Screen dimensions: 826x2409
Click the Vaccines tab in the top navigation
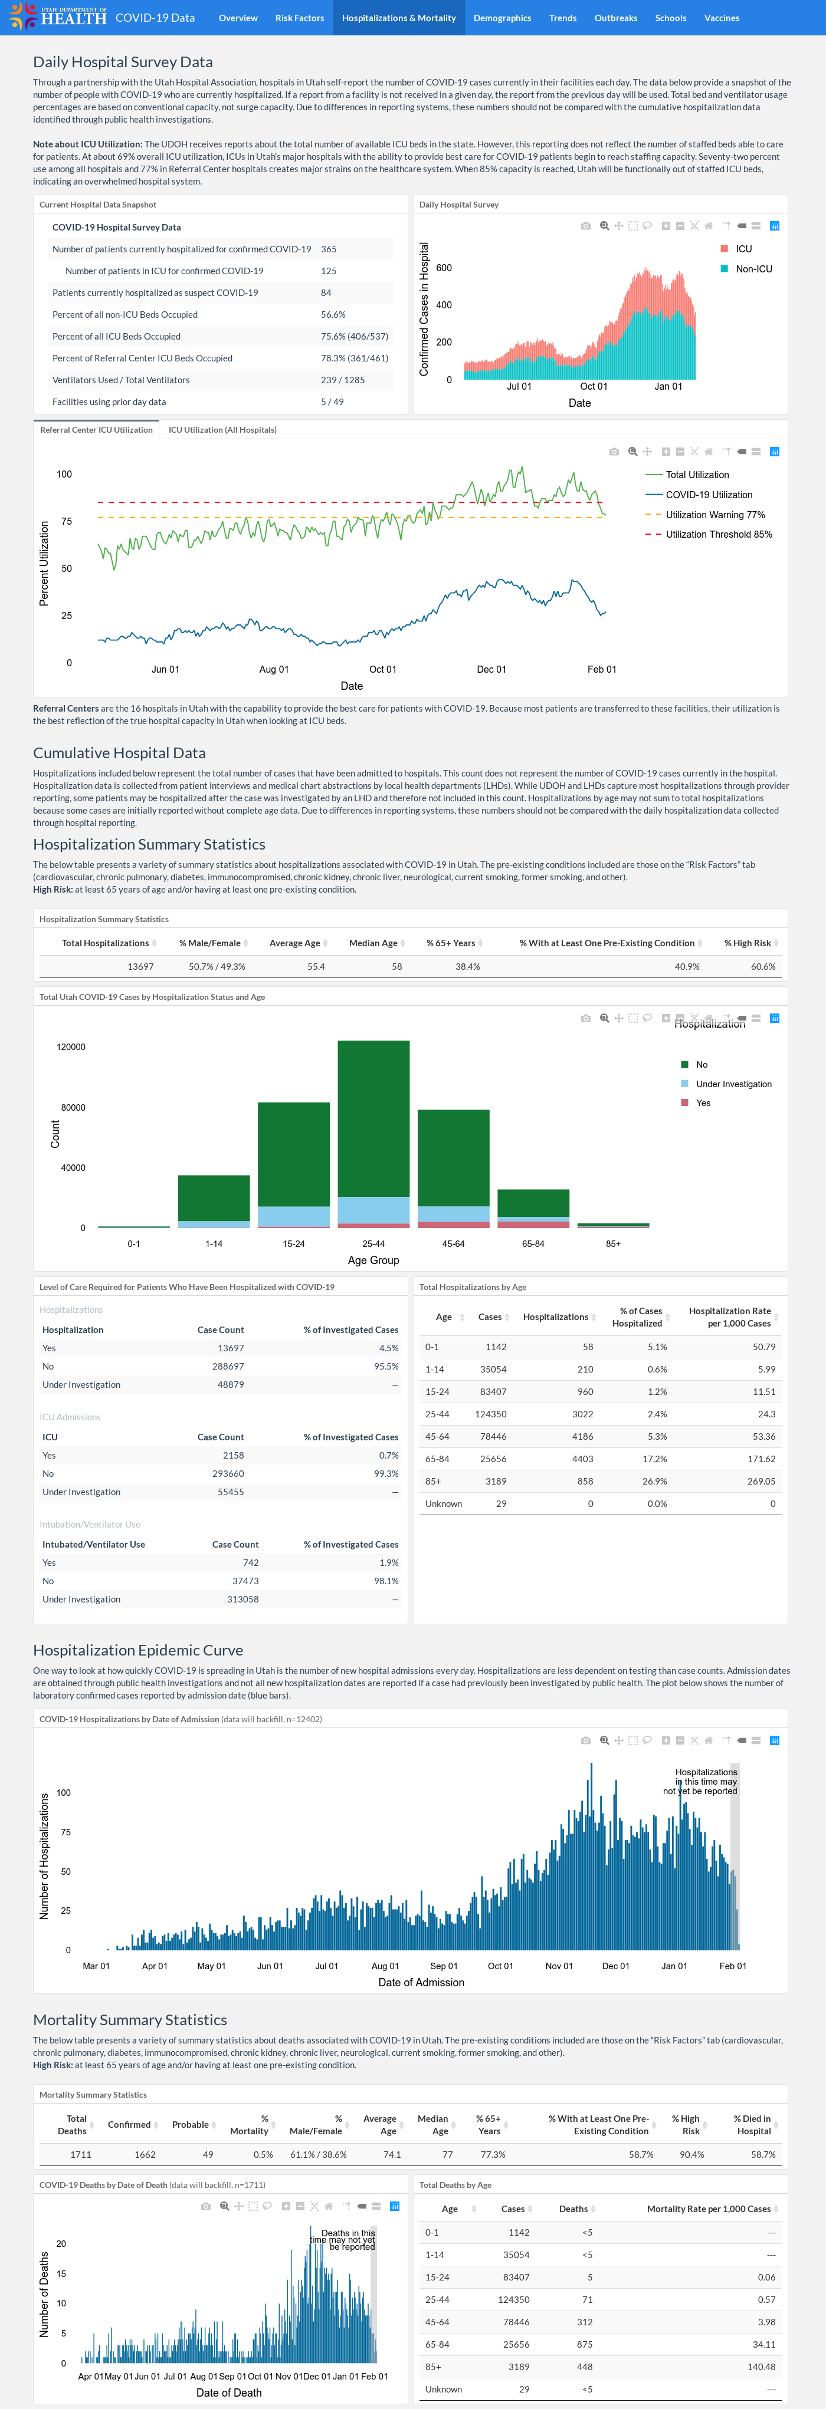(721, 18)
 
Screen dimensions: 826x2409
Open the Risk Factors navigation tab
(299, 18)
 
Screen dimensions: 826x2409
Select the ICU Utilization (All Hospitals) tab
(222, 430)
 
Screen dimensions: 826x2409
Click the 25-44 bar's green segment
(373, 1118)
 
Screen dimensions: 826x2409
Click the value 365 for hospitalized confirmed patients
(329, 250)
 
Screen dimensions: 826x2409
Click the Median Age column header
(373, 943)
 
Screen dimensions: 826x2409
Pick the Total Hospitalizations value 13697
(140, 967)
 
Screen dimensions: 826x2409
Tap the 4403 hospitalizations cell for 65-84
(582, 1459)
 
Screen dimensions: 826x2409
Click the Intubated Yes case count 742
(251, 1563)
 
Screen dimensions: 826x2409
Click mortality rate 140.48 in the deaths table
(761, 2367)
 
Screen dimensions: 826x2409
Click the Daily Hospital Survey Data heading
(123, 62)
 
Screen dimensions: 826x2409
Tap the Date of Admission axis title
(421, 1983)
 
